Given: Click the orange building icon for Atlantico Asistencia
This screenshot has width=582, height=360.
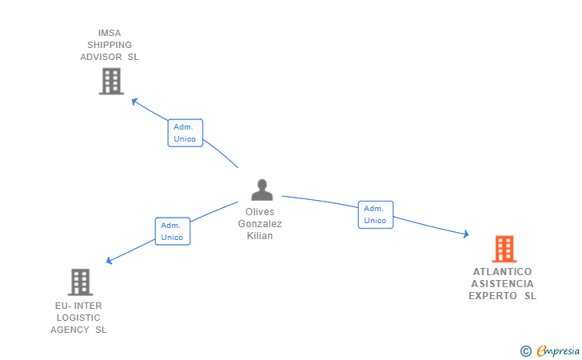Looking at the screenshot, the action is click(x=504, y=249).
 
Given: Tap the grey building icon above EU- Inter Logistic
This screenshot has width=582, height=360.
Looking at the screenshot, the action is click(x=80, y=282).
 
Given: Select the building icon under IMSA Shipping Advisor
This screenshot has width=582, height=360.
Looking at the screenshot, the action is click(x=111, y=81).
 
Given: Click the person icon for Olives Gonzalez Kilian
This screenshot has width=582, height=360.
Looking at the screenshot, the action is click(x=262, y=190).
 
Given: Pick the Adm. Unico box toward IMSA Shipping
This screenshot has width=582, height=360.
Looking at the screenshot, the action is click(x=185, y=133).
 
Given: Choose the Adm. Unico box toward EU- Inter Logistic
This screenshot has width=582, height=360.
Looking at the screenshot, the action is click(x=173, y=231).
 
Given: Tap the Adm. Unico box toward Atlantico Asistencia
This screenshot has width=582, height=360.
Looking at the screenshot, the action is click(x=376, y=214).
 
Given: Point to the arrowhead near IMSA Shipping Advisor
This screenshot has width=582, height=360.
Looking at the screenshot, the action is click(x=135, y=101).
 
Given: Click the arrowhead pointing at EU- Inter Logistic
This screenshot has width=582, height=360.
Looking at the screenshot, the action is click(x=109, y=261).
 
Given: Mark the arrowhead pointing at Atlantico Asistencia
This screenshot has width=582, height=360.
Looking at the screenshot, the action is click(x=466, y=234).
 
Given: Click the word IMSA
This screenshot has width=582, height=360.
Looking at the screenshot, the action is click(x=110, y=33).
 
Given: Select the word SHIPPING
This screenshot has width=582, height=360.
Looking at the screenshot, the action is click(x=110, y=45).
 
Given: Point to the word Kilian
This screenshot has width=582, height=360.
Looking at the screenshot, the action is click(x=260, y=236).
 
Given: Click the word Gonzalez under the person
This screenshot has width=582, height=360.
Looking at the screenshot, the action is click(x=260, y=224).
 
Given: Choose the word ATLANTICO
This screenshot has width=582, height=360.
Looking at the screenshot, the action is click(x=502, y=271).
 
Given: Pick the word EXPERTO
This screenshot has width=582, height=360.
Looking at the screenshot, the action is click(x=492, y=296).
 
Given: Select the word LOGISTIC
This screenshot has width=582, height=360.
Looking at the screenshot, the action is click(x=78, y=318).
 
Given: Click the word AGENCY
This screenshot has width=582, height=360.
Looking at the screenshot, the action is click(x=70, y=330).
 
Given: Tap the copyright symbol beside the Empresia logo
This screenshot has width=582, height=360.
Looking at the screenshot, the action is click(x=526, y=351).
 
